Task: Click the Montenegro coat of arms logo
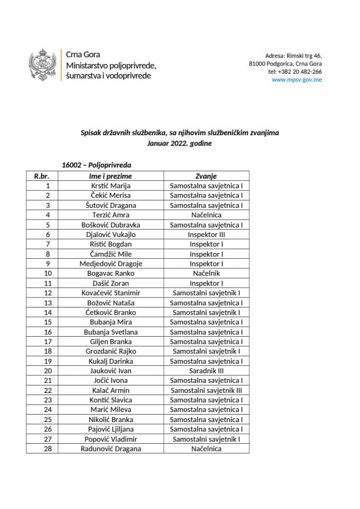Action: pos(42,65)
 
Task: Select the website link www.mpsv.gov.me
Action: pos(296,80)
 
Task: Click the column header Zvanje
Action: pos(206,176)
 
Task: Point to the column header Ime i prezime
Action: pos(111,176)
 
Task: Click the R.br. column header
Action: pos(42,176)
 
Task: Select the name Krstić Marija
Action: pos(111,186)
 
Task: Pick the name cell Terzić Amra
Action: pos(111,215)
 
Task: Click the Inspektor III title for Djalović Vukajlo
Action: pos(206,234)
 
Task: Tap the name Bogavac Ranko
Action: pos(111,273)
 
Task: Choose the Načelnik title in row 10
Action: pos(206,273)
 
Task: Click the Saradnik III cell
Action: pos(206,371)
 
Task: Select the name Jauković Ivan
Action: pos(111,371)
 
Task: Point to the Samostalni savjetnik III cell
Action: pos(206,390)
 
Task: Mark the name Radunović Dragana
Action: pos(111,449)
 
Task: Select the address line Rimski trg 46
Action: pos(293,56)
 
